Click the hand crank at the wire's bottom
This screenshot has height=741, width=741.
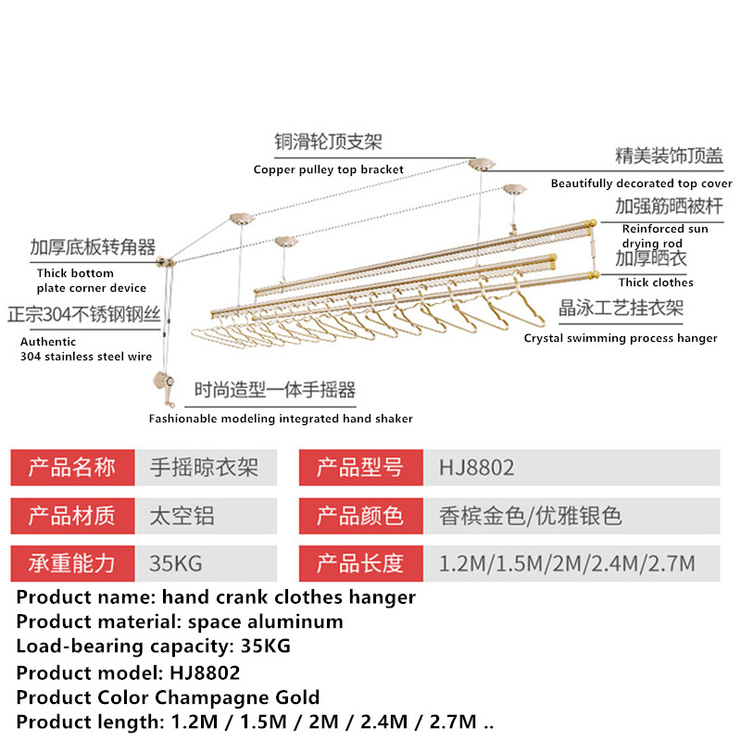pyautogui.click(x=164, y=388)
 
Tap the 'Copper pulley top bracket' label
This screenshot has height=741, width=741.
pyautogui.click(x=329, y=170)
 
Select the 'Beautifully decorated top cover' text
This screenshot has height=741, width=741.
pyautogui.click(x=641, y=183)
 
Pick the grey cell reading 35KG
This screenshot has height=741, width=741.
pyautogui.click(x=206, y=563)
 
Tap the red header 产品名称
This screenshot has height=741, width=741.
pyautogui.click(x=73, y=468)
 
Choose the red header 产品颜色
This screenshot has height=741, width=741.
pyautogui.click(x=361, y=516)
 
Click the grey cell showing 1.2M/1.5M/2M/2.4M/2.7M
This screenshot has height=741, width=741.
pyautogui.click(x=571, y=563)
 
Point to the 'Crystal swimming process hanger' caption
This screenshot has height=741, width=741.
pyautogui.click(x=621, y=338)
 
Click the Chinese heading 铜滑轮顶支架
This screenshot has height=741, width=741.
pyautogui.click(x=329, y=142)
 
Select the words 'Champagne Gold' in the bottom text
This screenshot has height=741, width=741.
pyautogui.click(x=237, y=697)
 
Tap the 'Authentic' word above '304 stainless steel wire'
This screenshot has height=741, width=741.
pyautogui.click(x=48, y=342)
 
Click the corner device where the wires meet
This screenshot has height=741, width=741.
pyautogui.click(x=166, y=261)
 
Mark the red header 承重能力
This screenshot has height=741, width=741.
pyautogui.click(x=73, y=563)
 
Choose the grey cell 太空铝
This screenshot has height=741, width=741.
pyautogui.click(x=206, y=516)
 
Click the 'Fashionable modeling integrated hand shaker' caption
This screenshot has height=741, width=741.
pyautogui.click(x=281, y=419)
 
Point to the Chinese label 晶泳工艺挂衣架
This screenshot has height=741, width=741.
pyautogui.click(x=621, y=308)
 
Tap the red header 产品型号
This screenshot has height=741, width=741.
pyautogui.click(x=361, y=468)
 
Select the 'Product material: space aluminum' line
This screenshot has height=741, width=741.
pyautogui.click(x=180, y=622)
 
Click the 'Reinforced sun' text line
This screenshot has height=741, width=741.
pyautogui.click(x=665, y=229)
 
